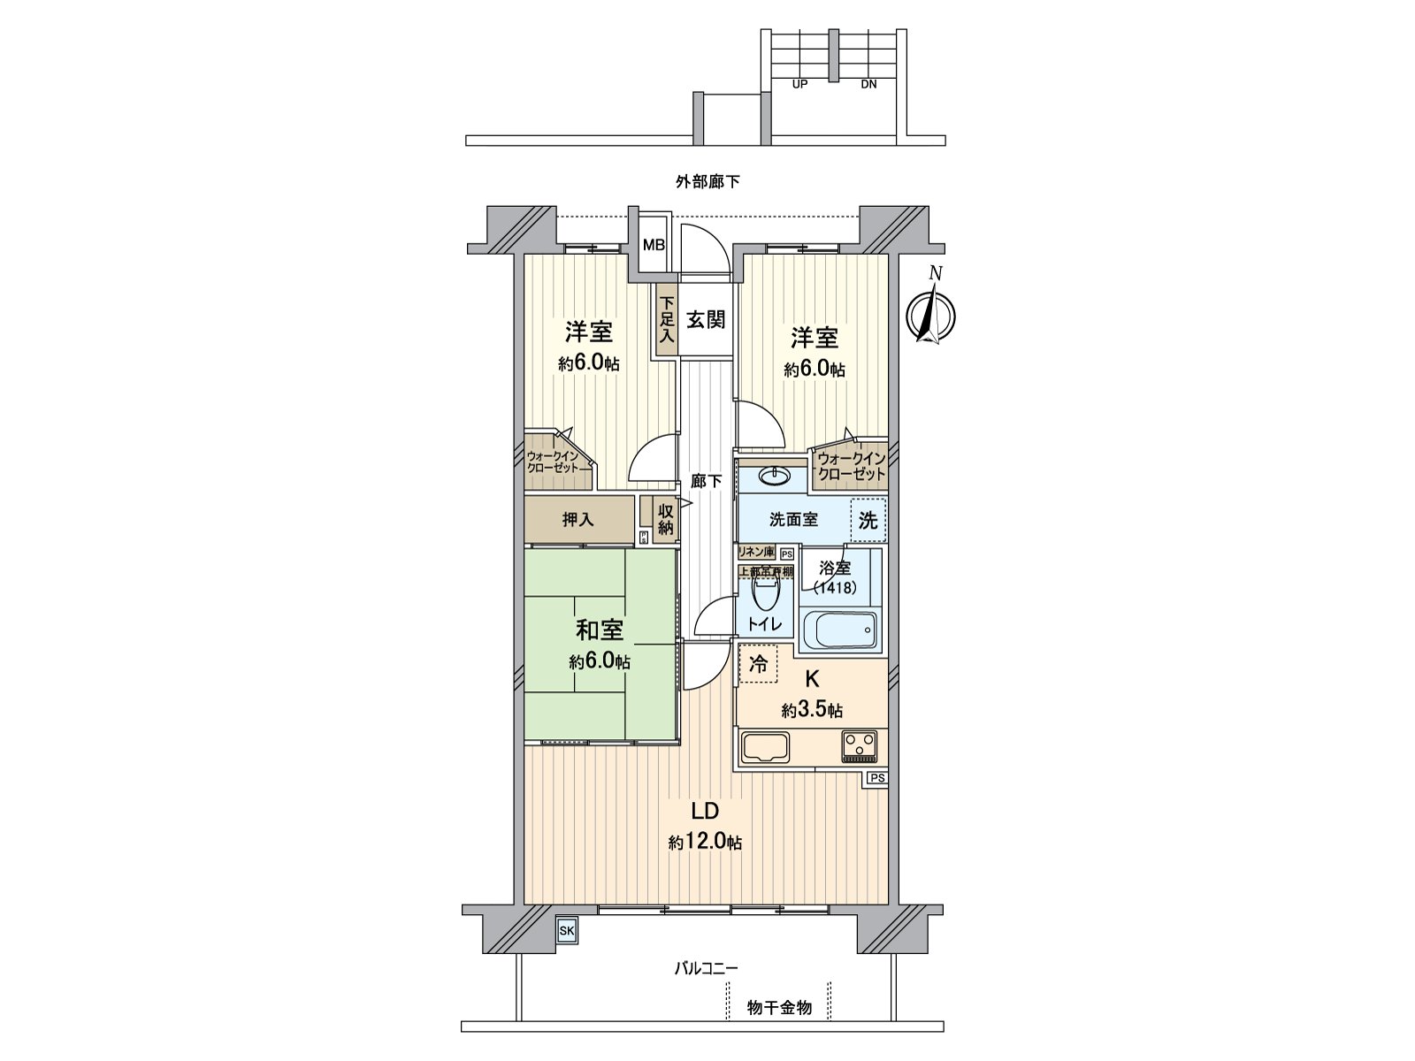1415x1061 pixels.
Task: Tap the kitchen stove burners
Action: [859, 744]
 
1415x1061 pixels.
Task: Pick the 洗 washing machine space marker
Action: [868, 520]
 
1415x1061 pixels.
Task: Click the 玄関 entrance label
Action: [706, 320]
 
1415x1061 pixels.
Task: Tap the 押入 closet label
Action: [578, 520]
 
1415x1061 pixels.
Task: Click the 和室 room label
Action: [600, 631]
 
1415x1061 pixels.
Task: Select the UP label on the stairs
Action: [799, 85]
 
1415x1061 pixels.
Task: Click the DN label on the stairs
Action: [868, 85]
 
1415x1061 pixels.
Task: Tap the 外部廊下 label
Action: [707, 182]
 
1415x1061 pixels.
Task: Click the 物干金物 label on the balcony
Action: [778, 1007]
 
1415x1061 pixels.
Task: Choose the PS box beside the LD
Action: [876, 778]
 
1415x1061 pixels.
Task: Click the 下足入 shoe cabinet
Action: [666, 319]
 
